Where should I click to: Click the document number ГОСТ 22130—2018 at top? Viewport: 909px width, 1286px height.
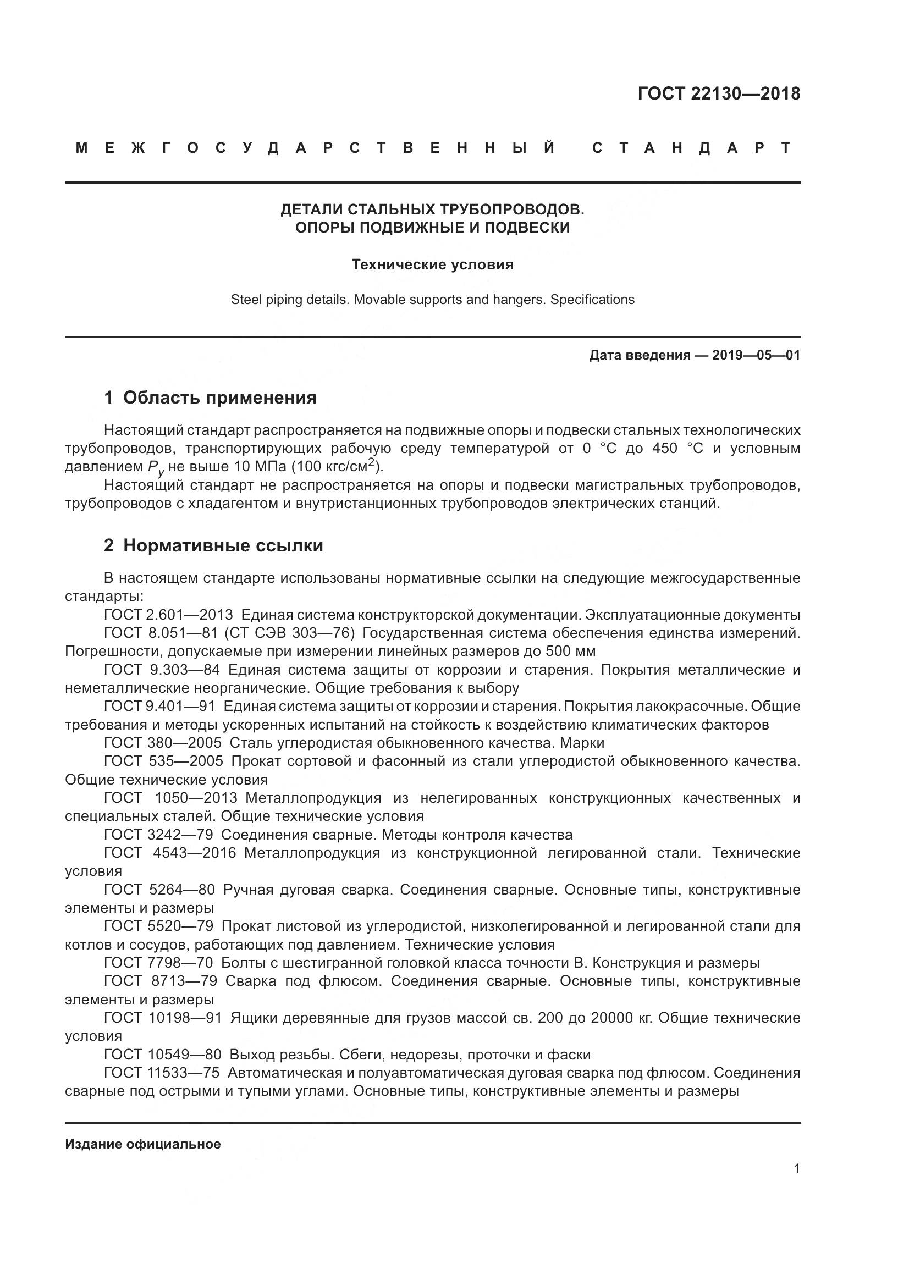pos(719,93)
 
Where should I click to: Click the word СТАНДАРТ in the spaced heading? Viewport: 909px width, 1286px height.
pos(691,148)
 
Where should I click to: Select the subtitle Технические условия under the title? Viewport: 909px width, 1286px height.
pos(432,264)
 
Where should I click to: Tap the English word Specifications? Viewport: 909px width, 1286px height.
pos(592,300)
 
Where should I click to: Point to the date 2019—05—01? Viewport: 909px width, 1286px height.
pos(756,355)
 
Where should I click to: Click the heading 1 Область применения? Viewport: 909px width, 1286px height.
pos(210,398)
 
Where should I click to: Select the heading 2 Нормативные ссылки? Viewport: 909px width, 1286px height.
pos(213,545)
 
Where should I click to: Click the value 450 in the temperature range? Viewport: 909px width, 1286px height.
pos(665,449)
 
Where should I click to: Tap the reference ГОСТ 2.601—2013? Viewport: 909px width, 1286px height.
pos(168,615)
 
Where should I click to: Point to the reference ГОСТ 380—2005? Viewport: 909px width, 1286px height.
pos(162,743)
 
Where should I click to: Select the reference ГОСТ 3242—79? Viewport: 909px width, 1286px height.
pos(158,835)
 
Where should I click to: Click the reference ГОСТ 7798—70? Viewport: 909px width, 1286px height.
pos(158,963)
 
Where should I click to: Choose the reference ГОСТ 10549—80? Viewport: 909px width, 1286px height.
pos(162,1055)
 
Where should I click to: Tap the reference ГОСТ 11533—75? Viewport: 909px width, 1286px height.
pos(162,1074)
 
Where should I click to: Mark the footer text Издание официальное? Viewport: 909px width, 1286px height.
pos(143,1144)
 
